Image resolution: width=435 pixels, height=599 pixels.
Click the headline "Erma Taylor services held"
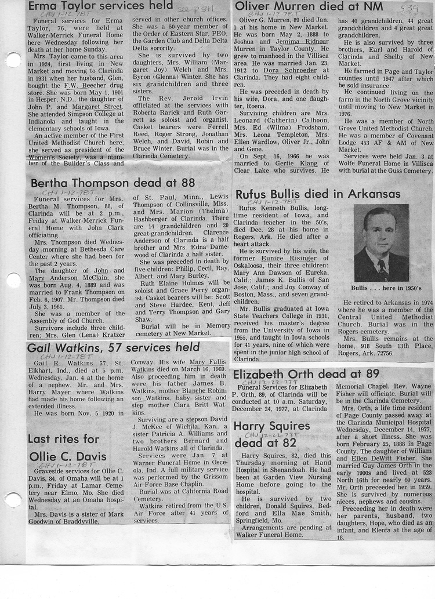100,6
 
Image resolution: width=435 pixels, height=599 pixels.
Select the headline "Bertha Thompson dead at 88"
113,183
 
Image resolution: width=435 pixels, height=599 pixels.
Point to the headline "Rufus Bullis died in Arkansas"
317,194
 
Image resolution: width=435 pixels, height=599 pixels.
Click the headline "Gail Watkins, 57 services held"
113,348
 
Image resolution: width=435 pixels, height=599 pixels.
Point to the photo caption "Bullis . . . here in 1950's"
380,288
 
